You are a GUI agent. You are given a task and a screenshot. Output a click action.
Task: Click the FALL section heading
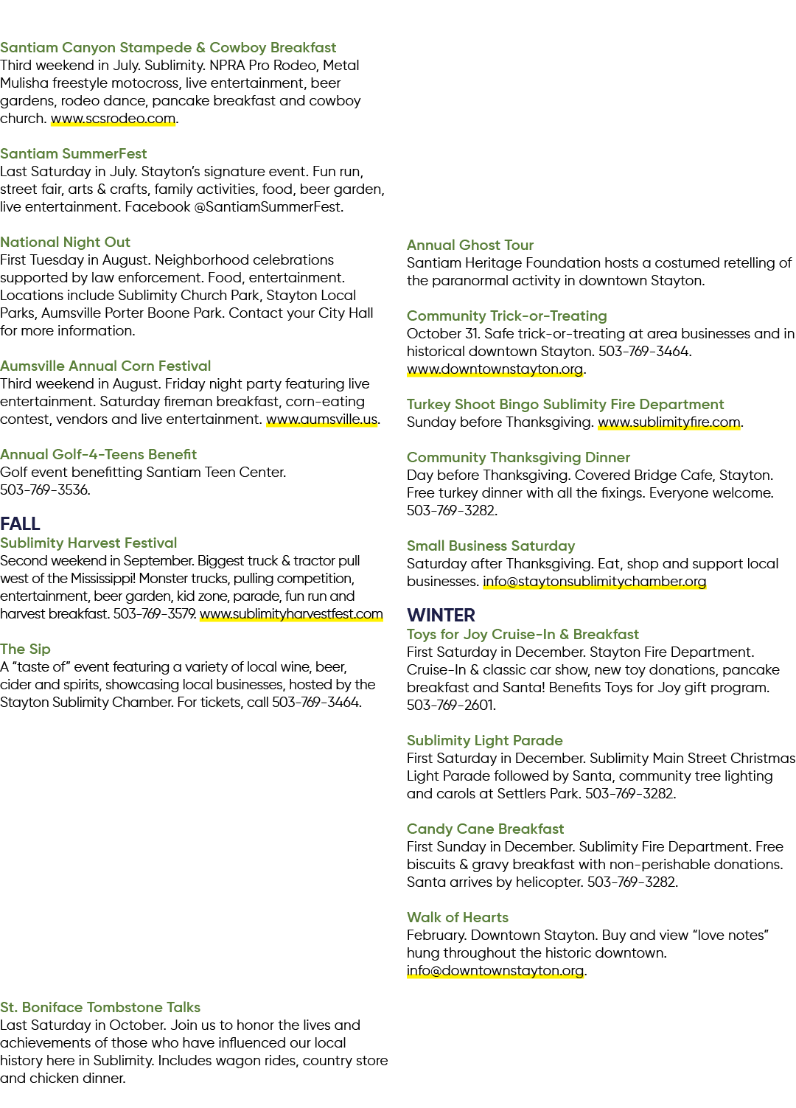coord(21,523)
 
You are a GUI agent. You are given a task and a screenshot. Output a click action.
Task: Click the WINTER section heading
coord(441,615)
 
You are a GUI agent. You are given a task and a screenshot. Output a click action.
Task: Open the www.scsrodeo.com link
coord(114,119)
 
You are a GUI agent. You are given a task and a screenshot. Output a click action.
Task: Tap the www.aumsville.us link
coord(322,419)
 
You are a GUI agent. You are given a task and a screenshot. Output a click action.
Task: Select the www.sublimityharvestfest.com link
coord(291,614)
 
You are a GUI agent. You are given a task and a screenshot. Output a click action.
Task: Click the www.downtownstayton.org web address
coord(495,369)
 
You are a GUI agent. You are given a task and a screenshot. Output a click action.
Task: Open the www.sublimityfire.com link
coord(669,422)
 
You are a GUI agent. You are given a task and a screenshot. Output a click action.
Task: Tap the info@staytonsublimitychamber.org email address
coord(594,581)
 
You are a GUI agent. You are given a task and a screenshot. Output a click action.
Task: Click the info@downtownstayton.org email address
coord(495,970)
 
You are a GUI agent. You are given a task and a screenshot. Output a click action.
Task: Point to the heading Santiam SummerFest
coord(73,153)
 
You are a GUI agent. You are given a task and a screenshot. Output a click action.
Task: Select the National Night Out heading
coord(65,243)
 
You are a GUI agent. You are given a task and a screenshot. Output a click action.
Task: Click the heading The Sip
coord(25,649)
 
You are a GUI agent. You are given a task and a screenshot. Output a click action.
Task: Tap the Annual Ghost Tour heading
coord(470,245)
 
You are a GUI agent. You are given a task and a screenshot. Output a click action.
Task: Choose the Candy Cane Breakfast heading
coord(485,829)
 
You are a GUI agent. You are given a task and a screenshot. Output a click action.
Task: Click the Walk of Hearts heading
coord(457,917)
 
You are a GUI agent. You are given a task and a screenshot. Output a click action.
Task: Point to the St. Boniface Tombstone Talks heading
coord(100,1007)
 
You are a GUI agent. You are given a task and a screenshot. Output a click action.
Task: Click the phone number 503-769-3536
coord(44,490)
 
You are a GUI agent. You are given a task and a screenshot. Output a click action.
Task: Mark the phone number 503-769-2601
coord(450,705)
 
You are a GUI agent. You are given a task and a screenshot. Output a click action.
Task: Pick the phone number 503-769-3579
coord(154,614)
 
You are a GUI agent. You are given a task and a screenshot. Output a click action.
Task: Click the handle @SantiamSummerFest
coord(268,206)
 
